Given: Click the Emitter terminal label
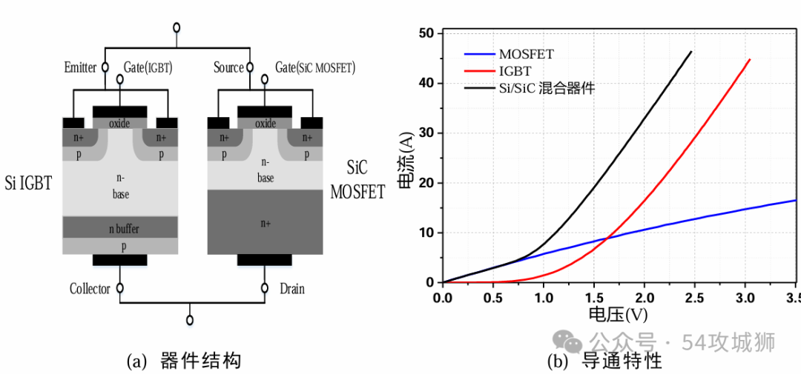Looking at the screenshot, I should [80, 68].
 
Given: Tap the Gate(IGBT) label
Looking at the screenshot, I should [148, 68].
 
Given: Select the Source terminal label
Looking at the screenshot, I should [228, 68].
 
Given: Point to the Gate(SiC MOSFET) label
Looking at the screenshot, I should [316, 68].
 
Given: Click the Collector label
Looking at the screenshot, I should [90, 289].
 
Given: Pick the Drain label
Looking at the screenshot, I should [292, 289].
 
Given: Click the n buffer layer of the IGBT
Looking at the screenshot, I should [120, 228].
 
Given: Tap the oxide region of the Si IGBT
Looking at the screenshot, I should [119, 123].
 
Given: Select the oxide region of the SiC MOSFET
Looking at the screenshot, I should [265, 123].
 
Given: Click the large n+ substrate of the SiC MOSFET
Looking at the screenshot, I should [265, 222].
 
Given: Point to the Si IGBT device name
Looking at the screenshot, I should [28, 182].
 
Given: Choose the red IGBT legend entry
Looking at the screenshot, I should [515, 71].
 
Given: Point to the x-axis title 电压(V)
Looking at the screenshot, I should [618, 315].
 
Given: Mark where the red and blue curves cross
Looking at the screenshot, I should [607, 237].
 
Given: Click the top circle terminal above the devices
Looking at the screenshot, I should [176, 28].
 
